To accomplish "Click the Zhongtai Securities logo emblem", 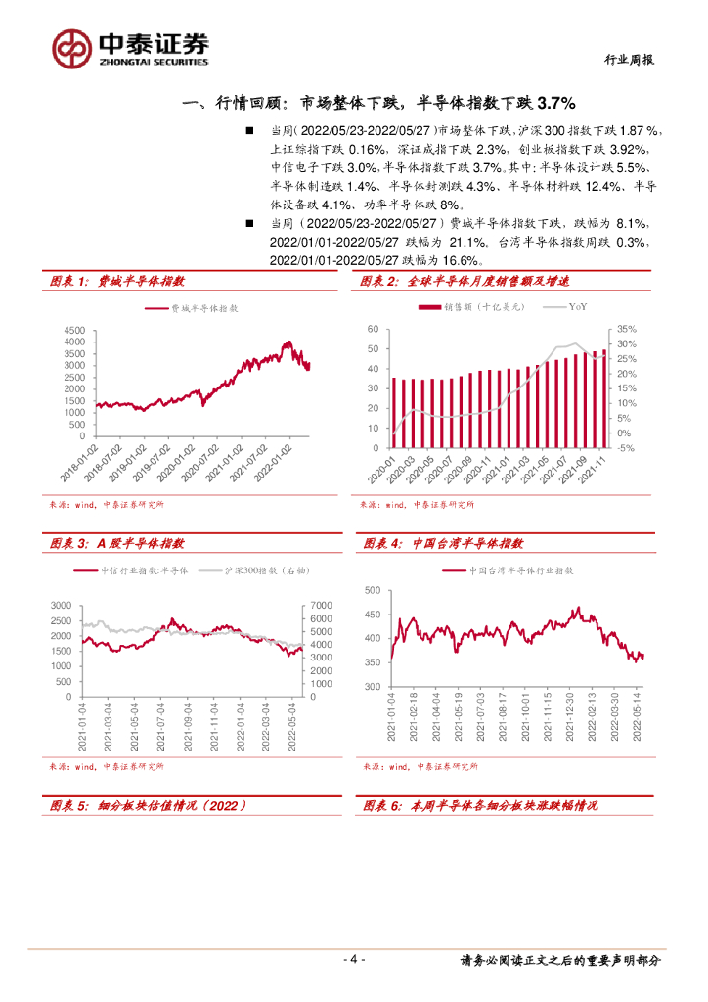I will (x=71, y=47).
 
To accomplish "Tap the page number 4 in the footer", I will (x=355, y=959).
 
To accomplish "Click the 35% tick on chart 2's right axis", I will (x=626, y=330).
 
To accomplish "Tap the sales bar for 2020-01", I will (x=394, y=413).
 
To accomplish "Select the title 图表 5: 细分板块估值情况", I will (x=147, y=806).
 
